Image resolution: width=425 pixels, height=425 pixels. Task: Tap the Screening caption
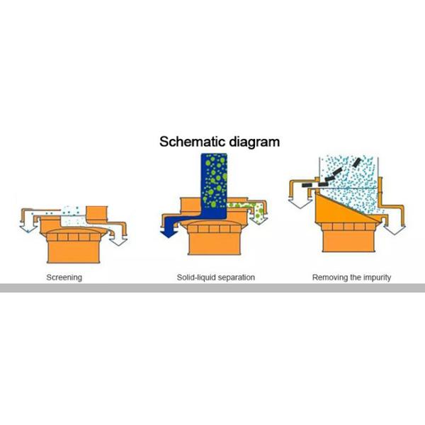(64, 278)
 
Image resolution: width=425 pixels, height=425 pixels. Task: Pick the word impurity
(377, 278)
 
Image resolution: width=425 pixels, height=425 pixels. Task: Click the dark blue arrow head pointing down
(169, 234)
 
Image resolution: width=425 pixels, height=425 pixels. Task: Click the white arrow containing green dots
(259, 215)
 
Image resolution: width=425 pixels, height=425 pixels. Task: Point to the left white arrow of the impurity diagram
(300, 203)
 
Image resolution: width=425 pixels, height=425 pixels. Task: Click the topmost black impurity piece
(357, 162)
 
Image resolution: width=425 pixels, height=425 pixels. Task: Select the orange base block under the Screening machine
(74, 251)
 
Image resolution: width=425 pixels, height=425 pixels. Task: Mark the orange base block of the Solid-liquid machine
(215, 244)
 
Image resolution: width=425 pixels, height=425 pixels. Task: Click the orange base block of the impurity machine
(348, 241)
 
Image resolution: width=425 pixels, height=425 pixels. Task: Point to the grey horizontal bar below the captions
(212, 288)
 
